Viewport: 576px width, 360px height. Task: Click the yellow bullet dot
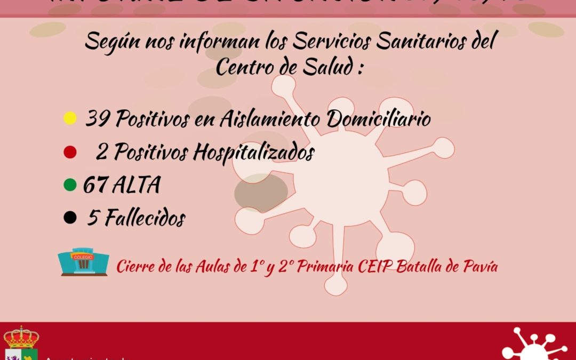coord(69,118)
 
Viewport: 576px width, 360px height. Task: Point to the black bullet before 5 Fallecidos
coord(69,218)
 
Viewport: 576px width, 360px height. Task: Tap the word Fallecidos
coord(145,218)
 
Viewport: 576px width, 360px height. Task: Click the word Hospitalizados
coord(253,153)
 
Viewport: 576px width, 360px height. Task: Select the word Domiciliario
coord(379,119)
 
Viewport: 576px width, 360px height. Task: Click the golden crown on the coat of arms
coord(21,337)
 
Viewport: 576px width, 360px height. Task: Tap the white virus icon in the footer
coord(533,345)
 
